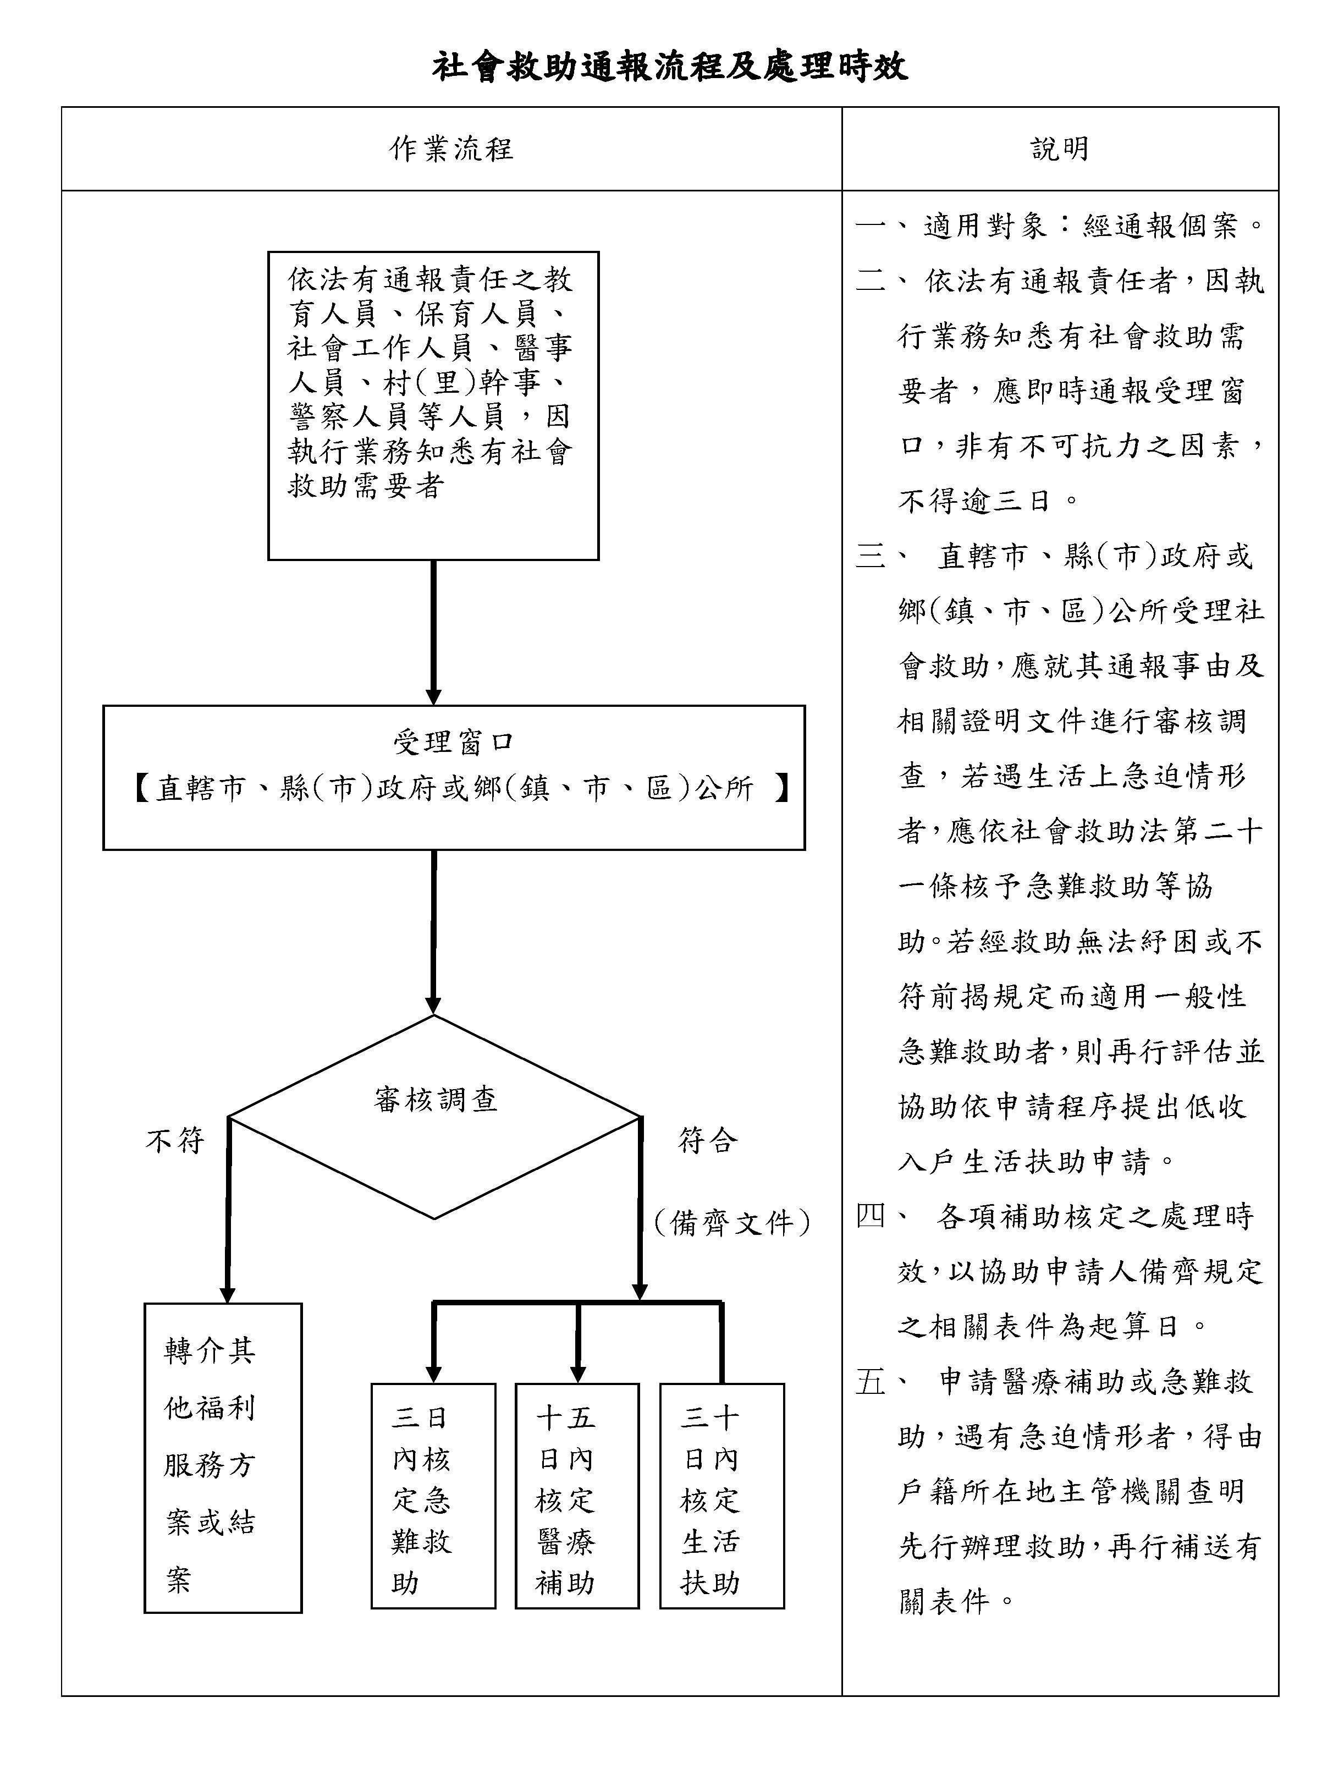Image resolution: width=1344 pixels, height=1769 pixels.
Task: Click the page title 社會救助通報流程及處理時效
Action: pyautogui.click(x=670, y=67)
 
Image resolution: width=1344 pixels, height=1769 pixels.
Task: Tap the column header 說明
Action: pyautogui.click(x=1060, y=149)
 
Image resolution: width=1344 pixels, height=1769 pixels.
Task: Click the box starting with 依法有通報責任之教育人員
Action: pyautogui.click(x=433, y=405)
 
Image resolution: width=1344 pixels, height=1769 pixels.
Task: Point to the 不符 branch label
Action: pyautogui.click(x=175, y=1140)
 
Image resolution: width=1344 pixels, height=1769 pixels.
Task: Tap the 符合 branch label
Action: pyautogui.click(x=707, y=1140)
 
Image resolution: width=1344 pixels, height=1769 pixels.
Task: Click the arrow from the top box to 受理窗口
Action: pyautogui.click(x=433, y=632)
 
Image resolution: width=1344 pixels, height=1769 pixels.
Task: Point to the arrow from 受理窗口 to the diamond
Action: pyautogui.click(x=433, y=932)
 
